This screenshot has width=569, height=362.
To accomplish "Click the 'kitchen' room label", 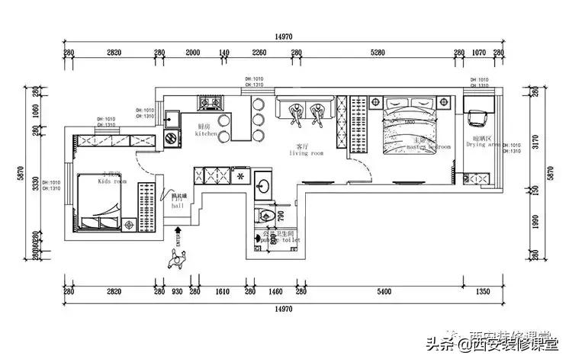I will (207, 133).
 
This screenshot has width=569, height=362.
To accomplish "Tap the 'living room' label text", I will (306, 152).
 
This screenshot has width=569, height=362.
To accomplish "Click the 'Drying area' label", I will (484, 143).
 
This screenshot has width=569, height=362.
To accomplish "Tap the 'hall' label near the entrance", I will (177, 205).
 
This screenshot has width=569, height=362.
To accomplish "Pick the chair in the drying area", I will (479, 117).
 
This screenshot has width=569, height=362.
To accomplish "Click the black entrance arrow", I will (178, 229).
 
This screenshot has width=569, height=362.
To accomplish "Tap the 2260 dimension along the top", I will (259, 53).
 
